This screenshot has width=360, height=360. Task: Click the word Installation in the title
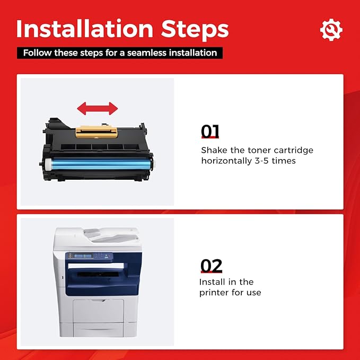pos(85,29)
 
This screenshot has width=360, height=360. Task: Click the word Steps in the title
pos(195,31)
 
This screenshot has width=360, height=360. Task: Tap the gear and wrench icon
pos(331,30)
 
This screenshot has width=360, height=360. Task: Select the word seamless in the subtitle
pos(147,53)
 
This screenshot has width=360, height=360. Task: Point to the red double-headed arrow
pos(98,108)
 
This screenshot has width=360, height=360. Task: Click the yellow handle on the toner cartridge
pos(96,132)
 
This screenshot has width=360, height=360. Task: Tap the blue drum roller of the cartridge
pos(101,163)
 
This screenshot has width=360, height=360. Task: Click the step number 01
pos(210,131)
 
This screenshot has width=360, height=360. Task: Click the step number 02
pos(211,266)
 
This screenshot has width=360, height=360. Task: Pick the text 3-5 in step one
pos(261,161)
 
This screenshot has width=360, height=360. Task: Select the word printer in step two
pos(214,293)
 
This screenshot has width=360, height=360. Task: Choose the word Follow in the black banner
pos(37,53)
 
